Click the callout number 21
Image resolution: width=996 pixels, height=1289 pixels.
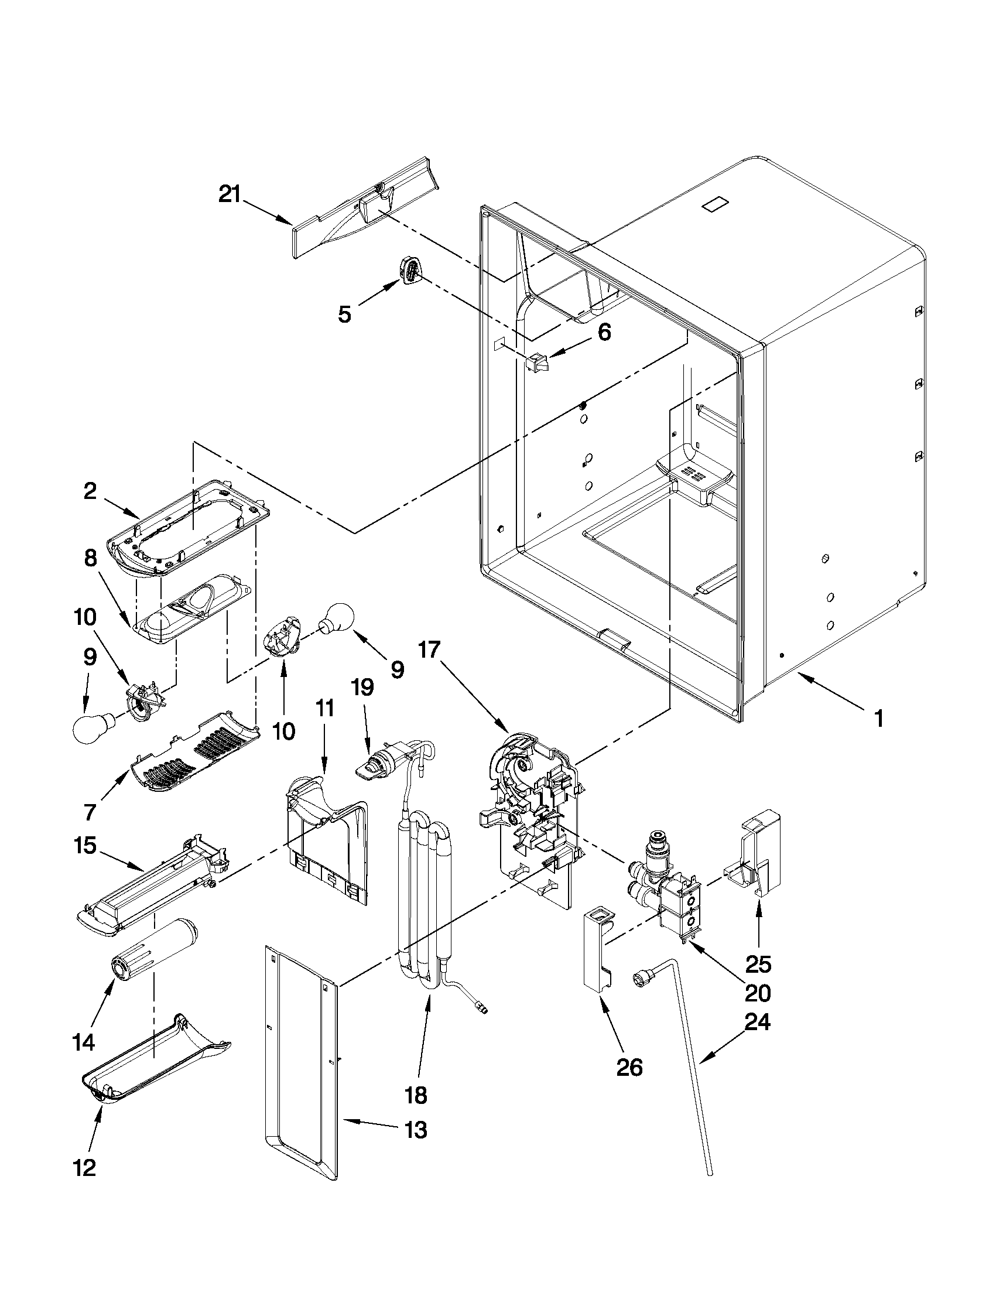[230, 194]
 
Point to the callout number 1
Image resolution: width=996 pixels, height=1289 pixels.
[878, 719]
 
